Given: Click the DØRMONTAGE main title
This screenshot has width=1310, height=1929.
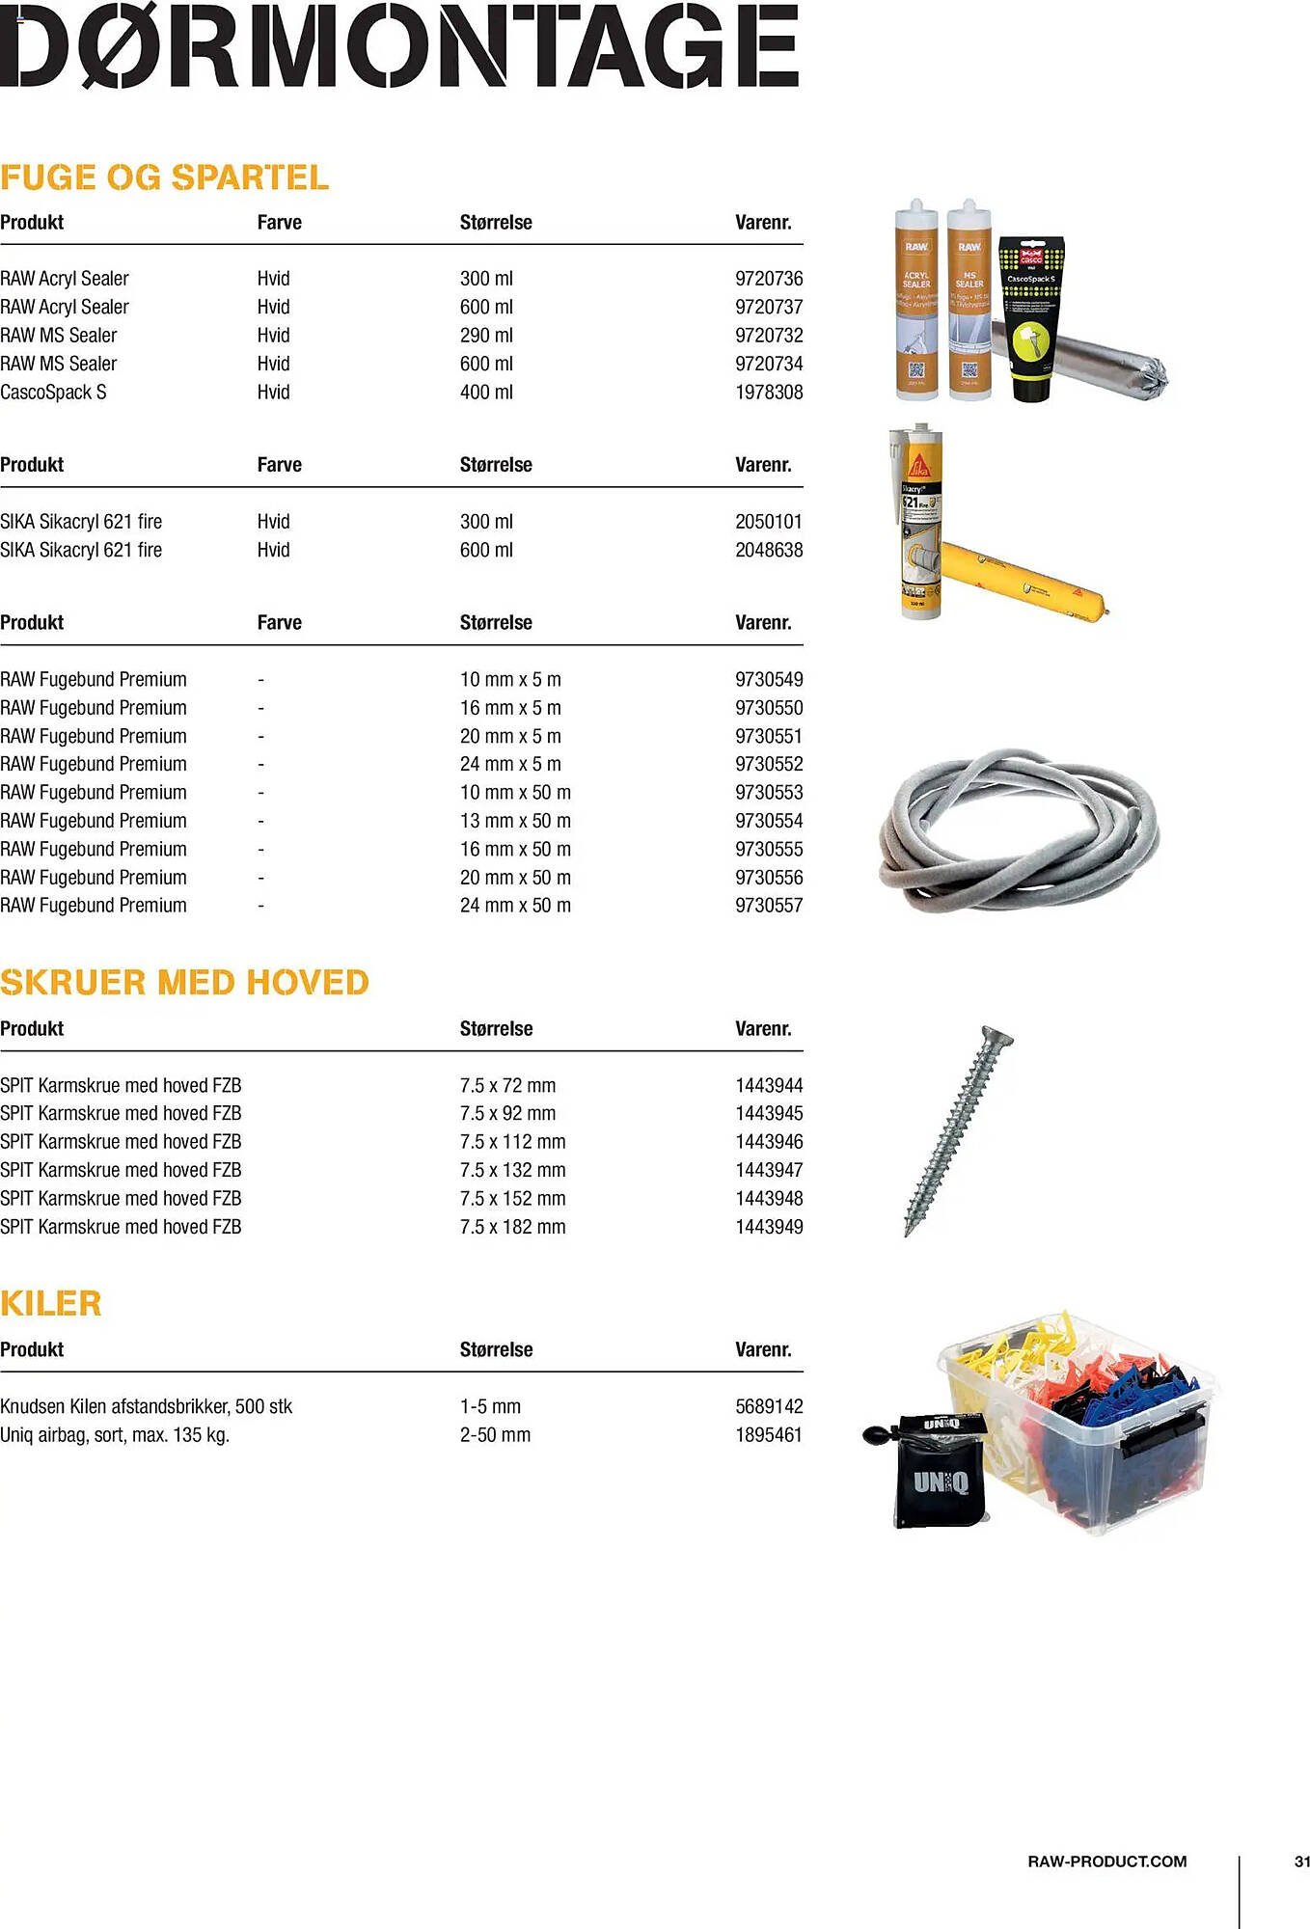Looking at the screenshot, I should (399, 46).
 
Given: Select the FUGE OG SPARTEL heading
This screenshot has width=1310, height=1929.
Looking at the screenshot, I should (164, 177).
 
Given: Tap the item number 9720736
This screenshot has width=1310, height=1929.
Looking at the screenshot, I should (768, 279).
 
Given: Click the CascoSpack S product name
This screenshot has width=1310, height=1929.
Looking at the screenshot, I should (53, 393).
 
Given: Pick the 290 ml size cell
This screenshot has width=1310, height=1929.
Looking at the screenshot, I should (486, 336).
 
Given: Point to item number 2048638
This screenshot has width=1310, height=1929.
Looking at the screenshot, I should (768, 550).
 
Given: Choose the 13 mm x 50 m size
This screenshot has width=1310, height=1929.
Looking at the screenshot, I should (515, 821).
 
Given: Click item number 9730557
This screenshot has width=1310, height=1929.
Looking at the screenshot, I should (768, 906).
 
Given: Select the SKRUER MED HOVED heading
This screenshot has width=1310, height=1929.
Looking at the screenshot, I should (184, 982).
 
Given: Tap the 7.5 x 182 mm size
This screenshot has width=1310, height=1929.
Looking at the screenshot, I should (512, 1227).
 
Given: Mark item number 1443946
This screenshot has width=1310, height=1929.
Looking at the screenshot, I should (768, 1142).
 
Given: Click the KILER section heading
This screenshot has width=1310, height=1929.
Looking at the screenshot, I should (51, 1303).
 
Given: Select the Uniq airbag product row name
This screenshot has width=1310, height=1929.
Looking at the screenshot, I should (115, 1435).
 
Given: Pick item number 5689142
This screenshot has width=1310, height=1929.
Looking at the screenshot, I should (768, 1407).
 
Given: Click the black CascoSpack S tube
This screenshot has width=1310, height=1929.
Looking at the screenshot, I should (1030, 318).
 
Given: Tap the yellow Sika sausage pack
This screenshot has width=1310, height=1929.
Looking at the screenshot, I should (1023, 578).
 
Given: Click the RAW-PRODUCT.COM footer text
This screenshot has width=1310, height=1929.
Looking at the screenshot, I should (1106, 1861).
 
